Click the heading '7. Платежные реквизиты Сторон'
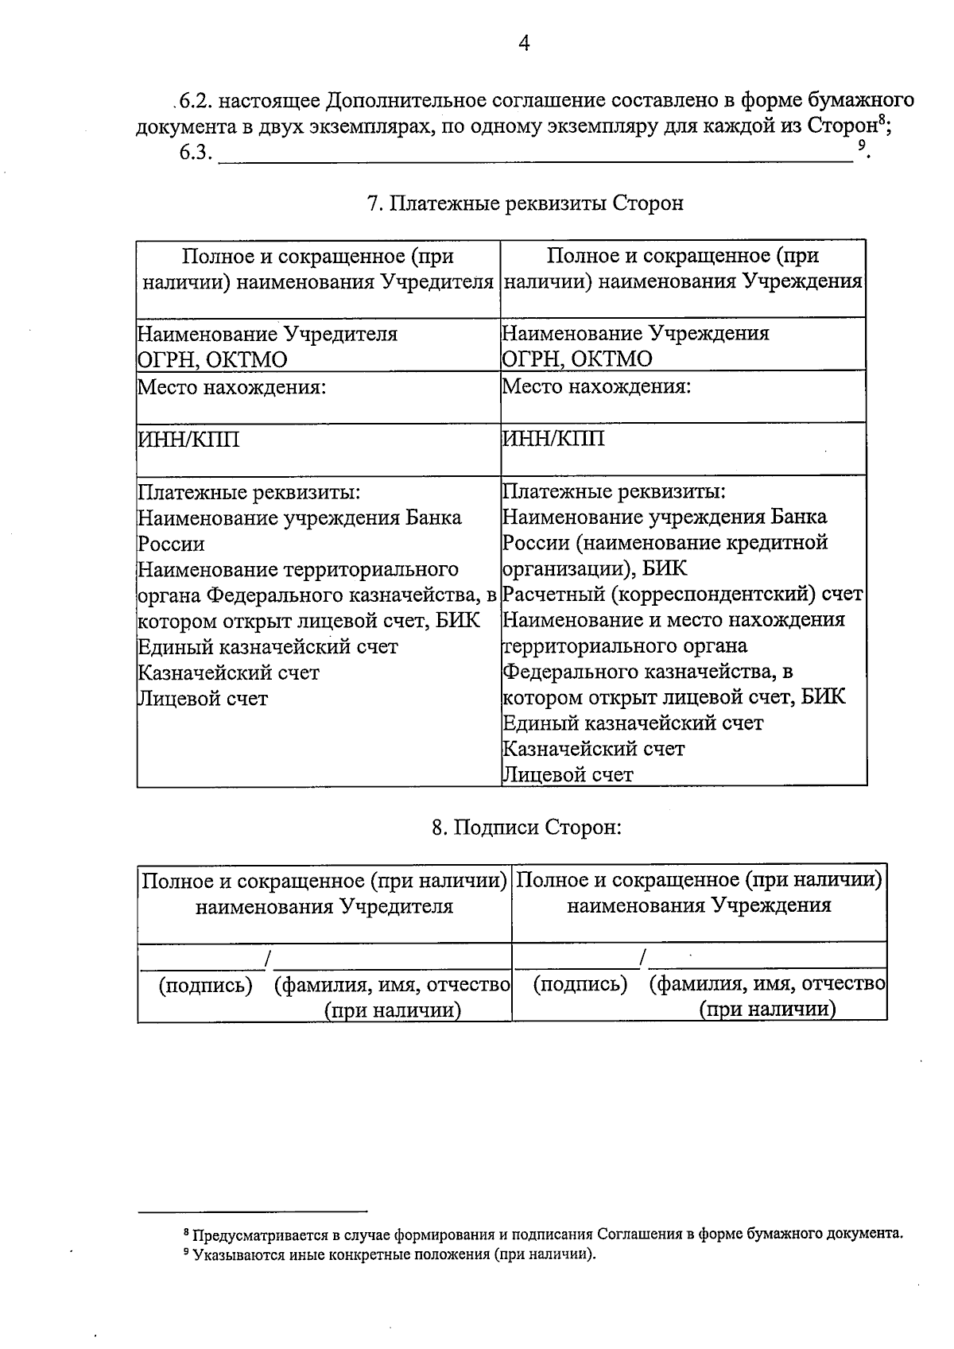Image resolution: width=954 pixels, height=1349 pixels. [525, 204]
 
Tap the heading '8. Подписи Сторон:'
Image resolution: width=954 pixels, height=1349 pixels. [525, 828]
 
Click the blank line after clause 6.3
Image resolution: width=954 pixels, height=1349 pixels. [533, 155]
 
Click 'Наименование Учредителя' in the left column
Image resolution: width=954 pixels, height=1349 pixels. [268, 334]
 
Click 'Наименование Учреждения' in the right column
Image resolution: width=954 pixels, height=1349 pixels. [636, 333]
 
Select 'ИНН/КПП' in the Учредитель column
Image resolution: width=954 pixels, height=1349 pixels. [188, 440]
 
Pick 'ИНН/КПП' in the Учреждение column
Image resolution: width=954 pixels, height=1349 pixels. [553, 438]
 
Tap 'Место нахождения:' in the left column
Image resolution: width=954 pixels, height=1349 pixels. [232, 387]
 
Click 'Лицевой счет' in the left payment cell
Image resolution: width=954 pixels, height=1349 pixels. [203, 699]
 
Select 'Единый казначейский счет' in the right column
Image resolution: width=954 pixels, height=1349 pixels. [634, 723]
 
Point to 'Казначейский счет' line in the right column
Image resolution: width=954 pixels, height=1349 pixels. [594, 749]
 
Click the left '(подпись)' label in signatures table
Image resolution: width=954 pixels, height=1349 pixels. [206, 986]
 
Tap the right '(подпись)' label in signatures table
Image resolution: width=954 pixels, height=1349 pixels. [580, 985]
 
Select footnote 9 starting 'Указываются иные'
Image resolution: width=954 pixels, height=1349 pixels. [394, 1255]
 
